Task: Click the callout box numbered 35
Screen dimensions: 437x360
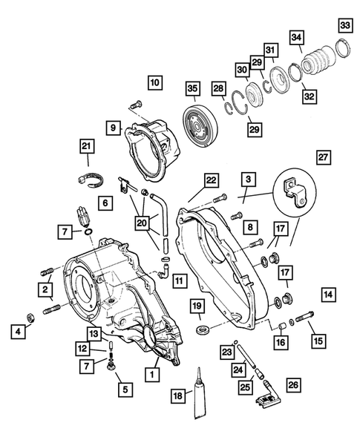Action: point(192,90)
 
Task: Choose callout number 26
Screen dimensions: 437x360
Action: point(293,385)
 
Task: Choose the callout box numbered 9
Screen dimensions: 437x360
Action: point(114,128)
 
